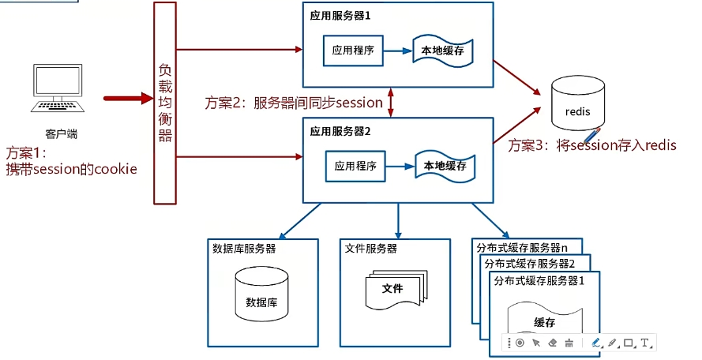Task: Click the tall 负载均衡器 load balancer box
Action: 165,103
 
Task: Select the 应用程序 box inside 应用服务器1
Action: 353,51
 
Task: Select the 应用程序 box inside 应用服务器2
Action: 355,167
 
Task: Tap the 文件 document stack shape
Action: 394,291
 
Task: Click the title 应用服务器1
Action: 340,14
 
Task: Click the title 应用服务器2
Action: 340,130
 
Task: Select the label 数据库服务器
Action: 244,249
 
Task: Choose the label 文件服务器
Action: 371,249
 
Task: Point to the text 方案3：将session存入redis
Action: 592,145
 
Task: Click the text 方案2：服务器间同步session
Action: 294,103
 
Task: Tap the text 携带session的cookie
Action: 71,170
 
